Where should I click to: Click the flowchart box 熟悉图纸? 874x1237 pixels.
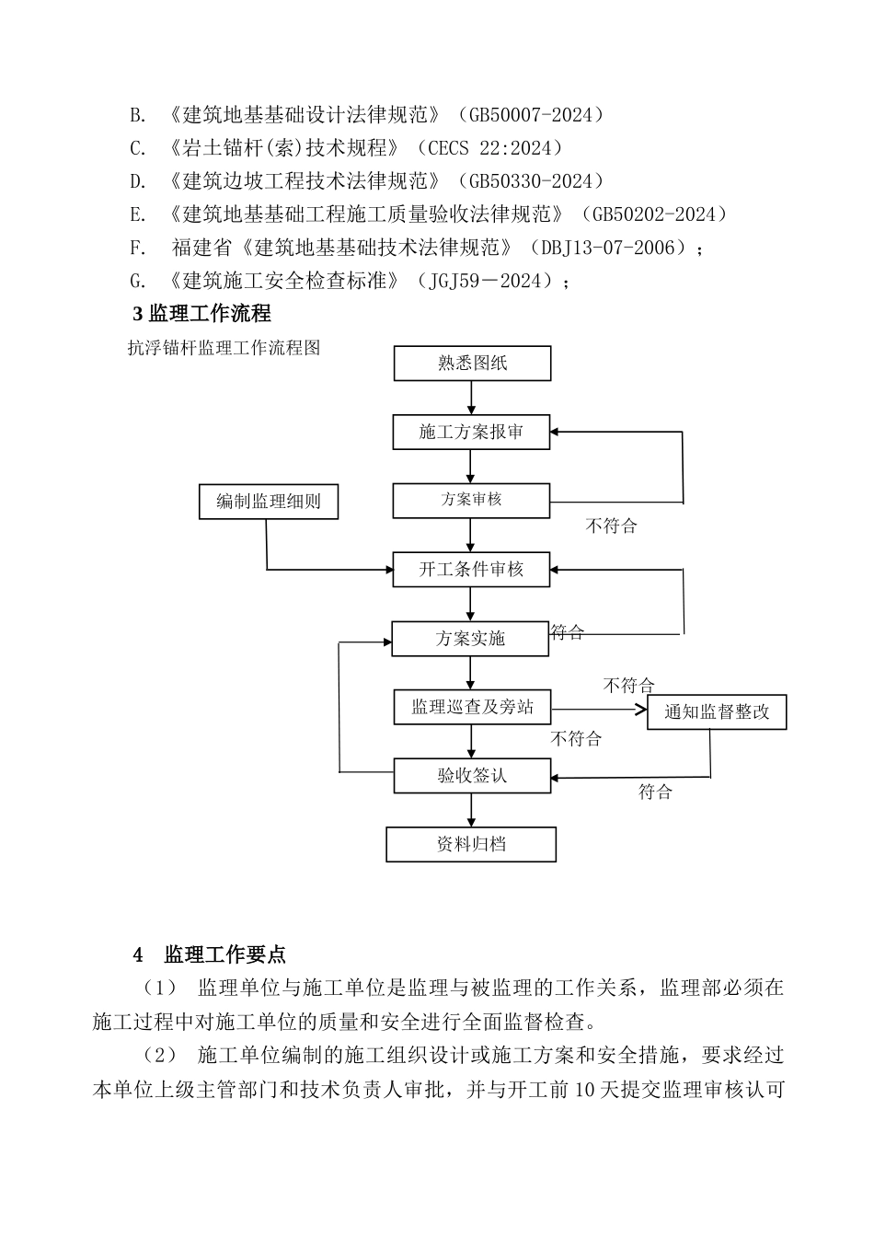[472, 364]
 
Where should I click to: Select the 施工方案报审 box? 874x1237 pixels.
[471, 432]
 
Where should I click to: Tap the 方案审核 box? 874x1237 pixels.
[471, 500]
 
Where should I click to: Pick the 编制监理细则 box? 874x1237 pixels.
[269, 502]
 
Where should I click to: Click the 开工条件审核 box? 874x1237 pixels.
[471, 570]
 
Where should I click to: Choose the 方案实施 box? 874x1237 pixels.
[470, 639]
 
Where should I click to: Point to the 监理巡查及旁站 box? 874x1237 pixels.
[472, 708]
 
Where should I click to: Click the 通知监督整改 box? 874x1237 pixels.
[717, 711]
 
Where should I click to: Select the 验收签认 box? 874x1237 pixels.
[472, 776]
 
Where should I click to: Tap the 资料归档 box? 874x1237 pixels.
[471, 844]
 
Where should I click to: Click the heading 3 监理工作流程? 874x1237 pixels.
[202, 314]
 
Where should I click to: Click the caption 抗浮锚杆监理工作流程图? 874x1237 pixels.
[224, 348]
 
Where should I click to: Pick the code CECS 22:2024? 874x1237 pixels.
[489, 148]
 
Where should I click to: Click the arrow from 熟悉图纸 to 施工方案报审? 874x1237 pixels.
[472, 398]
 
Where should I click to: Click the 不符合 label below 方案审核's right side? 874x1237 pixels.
[611, 526]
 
